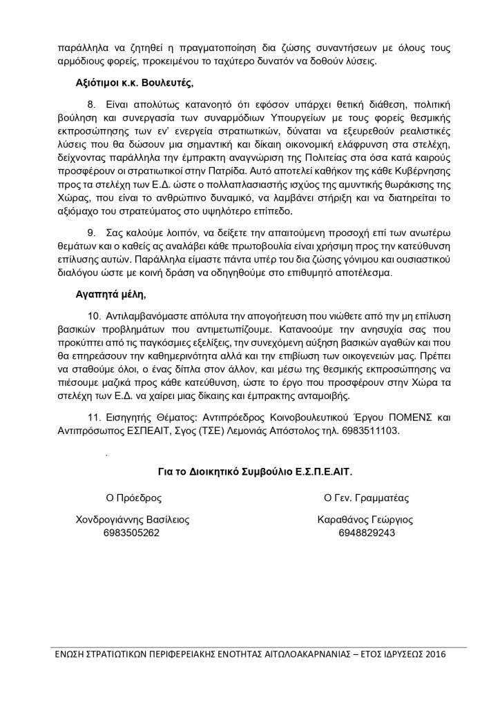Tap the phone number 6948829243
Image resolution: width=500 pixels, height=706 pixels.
point(366,533)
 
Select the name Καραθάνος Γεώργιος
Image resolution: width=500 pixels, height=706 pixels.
point(366,520)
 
